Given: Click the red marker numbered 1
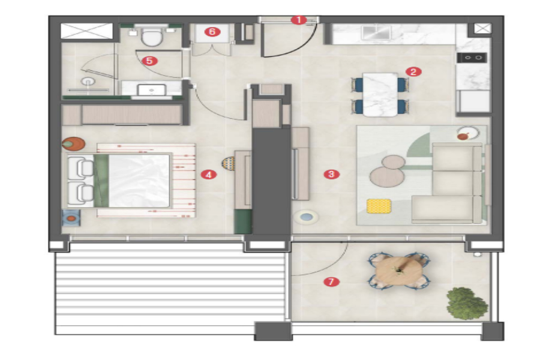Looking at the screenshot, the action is click(298, 20).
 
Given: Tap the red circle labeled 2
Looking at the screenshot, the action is click(413, 71).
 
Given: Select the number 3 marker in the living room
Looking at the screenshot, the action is click(331, 175).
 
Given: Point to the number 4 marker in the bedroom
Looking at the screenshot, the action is click(209, 175).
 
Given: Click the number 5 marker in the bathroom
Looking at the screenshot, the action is click(149, 61).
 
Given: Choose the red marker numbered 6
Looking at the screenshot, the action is click(212, 32).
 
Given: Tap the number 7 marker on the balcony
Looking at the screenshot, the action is click(331, 282).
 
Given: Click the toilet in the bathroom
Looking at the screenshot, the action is click(152, 36).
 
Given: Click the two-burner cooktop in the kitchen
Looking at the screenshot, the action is click(472, 58).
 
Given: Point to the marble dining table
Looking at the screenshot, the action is click(380, 94).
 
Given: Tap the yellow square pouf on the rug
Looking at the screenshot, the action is click(379, 206).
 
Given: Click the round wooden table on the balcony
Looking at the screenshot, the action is click(399, 271).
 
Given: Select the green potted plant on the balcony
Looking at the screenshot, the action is click(467, 304).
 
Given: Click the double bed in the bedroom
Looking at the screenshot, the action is click(119, 181).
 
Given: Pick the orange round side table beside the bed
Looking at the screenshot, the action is click(73, 144).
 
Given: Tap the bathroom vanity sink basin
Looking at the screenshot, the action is click(152, 90).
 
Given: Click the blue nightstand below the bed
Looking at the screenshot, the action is click(71, 218).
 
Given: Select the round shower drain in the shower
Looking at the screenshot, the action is click(89, 82).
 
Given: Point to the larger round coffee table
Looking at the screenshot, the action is click(387, 176).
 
